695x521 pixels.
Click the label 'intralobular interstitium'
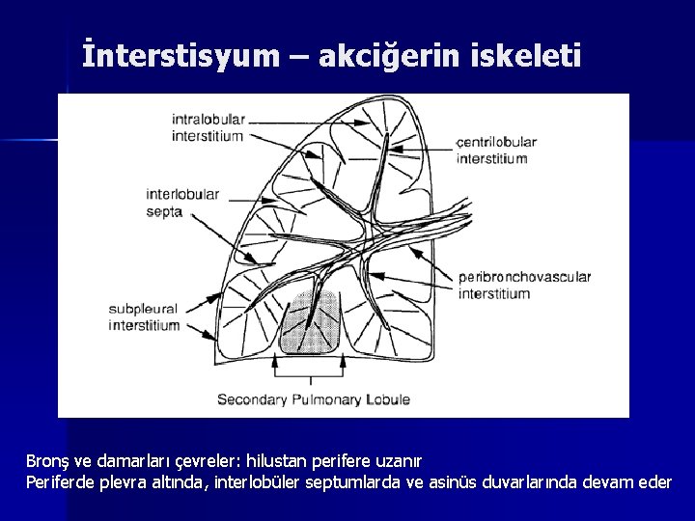click(208, 127)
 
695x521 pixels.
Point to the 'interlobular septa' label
click(182, 203)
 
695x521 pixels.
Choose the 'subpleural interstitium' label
click(144, 316)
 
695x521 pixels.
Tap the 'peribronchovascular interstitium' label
click(524, 285)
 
